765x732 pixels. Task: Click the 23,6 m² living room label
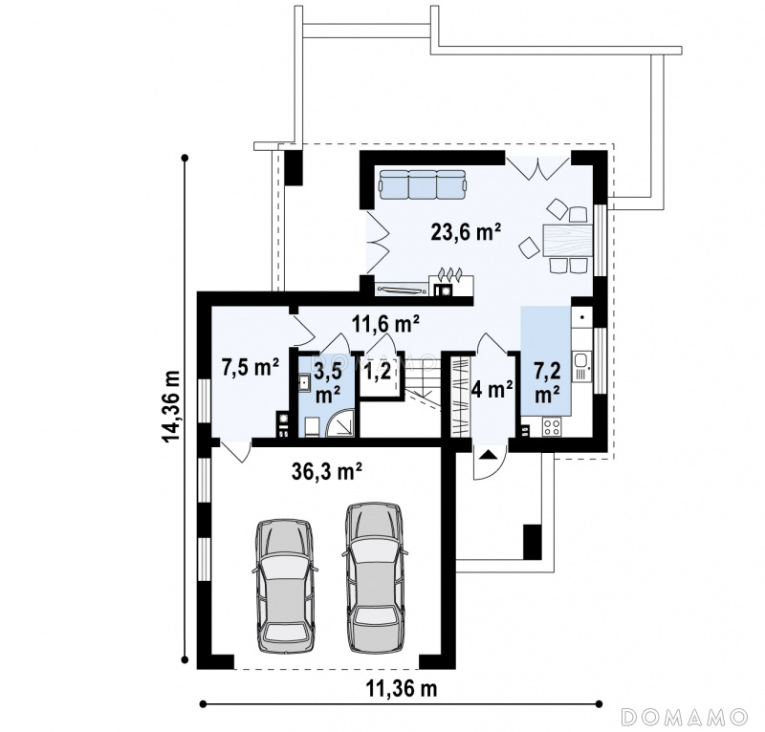pos(466,231)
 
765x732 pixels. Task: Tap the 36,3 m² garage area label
pos(327,471)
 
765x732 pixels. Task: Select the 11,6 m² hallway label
pos(385,323)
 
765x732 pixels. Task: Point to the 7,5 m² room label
pos(251,367)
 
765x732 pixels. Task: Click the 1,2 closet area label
pos(378,372)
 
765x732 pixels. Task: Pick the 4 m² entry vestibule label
pos(492,389)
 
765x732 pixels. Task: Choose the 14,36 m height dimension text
pos(172,406)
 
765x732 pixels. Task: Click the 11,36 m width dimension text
pos(401,689)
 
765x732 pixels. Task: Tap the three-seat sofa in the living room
pos(422,184)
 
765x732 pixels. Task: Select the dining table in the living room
pos(566,240)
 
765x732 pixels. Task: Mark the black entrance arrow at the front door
pos(489,455)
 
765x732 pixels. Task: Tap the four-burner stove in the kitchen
pos(552,427)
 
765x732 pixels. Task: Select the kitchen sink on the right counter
pos(582,366)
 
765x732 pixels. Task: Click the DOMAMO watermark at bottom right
pos(685,717)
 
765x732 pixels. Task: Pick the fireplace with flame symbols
pos(450,285)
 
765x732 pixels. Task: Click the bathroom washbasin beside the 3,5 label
pos(305,382)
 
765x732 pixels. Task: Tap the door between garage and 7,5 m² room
pos(236,451)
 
